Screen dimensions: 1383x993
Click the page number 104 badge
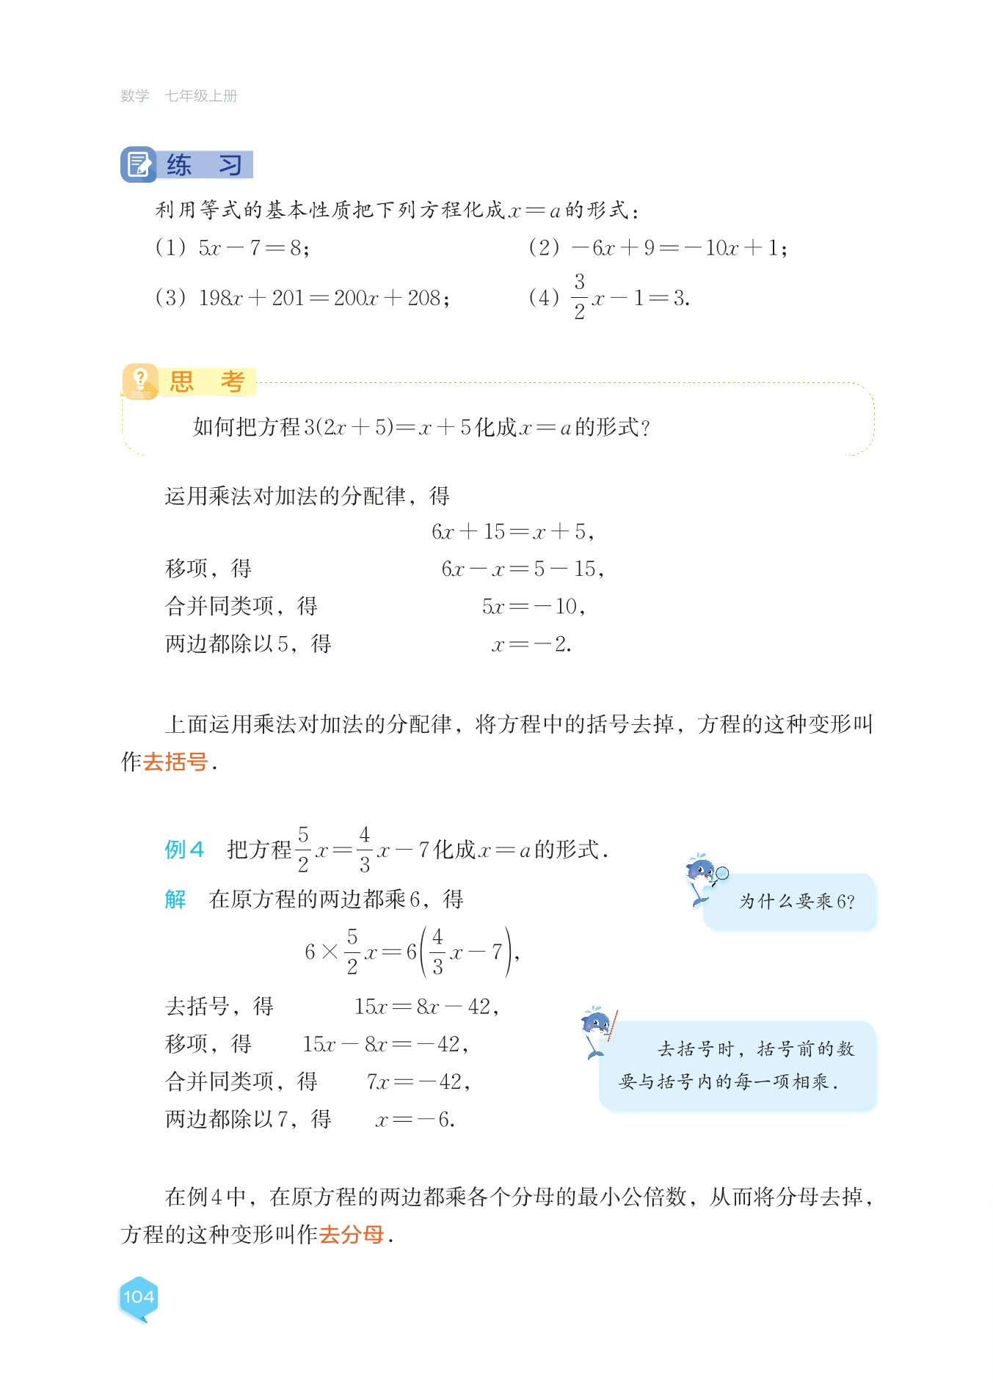coord(138,1297)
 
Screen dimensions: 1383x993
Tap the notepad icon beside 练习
coord(138,164)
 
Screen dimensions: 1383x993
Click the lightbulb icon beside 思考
coord(140,382)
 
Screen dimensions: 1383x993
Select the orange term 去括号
coord(175,762)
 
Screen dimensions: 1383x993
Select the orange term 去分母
coord(352,1235)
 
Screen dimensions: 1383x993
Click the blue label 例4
coord(183,850)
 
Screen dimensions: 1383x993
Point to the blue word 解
coord(175,900)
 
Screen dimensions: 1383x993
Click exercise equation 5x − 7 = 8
coord(253,248)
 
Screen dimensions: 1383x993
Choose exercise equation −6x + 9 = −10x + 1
coord(679,248)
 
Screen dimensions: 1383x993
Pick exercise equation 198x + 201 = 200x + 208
coord(324,298)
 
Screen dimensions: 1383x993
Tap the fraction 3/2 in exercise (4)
coord(579,296)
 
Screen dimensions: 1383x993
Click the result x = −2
coord(531,644)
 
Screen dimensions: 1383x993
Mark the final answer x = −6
coord(415,1120)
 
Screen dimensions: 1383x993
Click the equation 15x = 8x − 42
coord(426,1007)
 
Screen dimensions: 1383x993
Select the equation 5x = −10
coord(534,607)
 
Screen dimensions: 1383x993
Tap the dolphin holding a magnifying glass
coord(704,877)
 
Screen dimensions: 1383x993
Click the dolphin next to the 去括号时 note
coord(597,1031)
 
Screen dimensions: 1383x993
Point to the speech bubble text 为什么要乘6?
coord(796,902)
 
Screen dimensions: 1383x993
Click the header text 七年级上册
coord(201,96)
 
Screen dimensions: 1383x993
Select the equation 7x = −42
coord(418,1082)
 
